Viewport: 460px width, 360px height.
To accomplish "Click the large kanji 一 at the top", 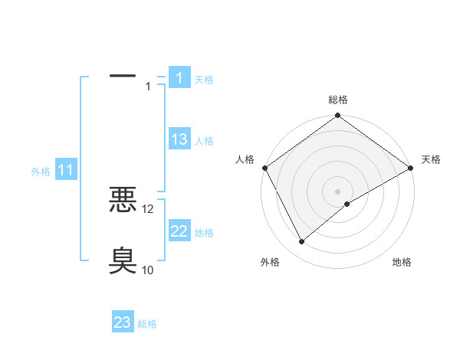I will click(123, 77).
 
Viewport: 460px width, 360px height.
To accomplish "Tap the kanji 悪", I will click(123, 201).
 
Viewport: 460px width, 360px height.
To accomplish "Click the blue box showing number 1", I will click(179, 77).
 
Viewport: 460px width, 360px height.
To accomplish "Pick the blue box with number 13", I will click(179, 139).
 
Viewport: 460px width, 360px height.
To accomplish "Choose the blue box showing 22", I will click(179, 231).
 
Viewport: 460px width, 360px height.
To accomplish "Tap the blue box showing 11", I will click(66, 171).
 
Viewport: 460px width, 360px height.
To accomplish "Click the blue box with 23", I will click(123, 322).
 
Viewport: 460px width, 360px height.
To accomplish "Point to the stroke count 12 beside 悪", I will click(148, 208).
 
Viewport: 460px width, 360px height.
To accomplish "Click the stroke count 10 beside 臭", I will click(148, 270).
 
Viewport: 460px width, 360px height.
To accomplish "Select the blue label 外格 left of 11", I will click(41, 172).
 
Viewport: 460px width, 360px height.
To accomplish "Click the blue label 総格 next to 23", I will click(147, 324).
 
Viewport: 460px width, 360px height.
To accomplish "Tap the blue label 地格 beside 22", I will click(204, 233).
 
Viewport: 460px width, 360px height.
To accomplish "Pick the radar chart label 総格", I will click(338, 100).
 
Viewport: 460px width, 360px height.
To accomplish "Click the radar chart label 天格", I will click(431, 159).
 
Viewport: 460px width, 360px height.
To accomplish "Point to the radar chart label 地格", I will click(402, 263).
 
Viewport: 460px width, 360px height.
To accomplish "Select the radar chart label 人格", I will click(245, 159).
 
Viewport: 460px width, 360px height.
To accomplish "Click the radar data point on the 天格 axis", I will click(412, 168).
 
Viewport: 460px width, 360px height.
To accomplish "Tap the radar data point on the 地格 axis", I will click(347, 203).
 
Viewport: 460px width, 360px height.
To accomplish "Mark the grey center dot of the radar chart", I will click(338, 191).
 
